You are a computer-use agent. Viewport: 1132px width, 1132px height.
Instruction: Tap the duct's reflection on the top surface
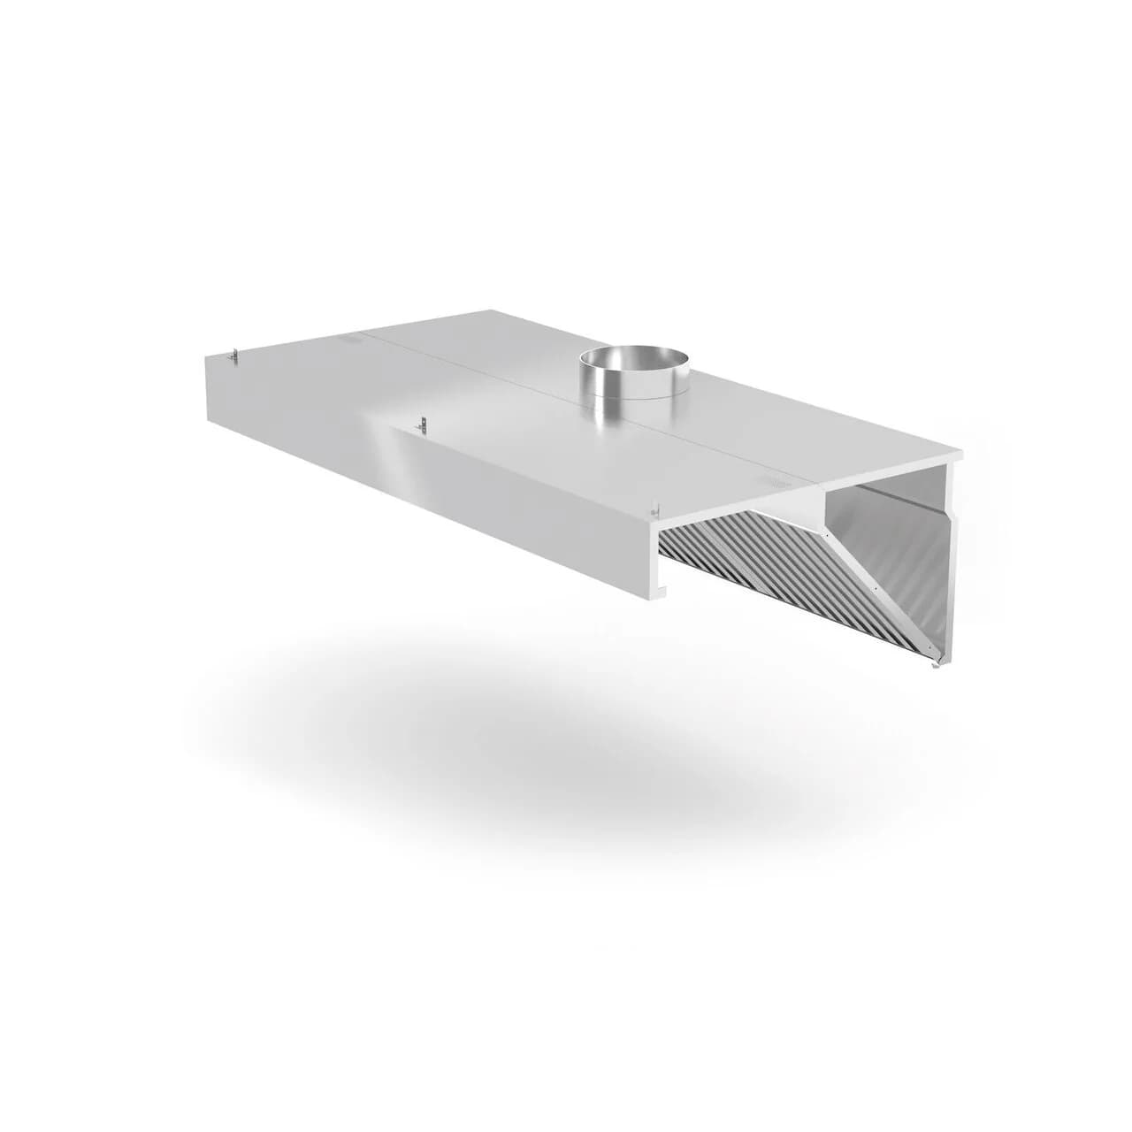pos(619,424)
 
